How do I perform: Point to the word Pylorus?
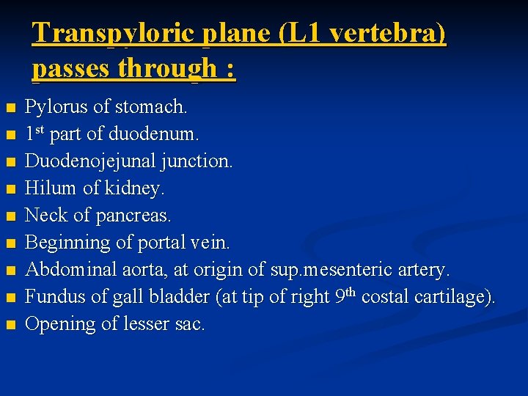(x=54, y=107)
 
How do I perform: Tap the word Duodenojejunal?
(x=88, y=161)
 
